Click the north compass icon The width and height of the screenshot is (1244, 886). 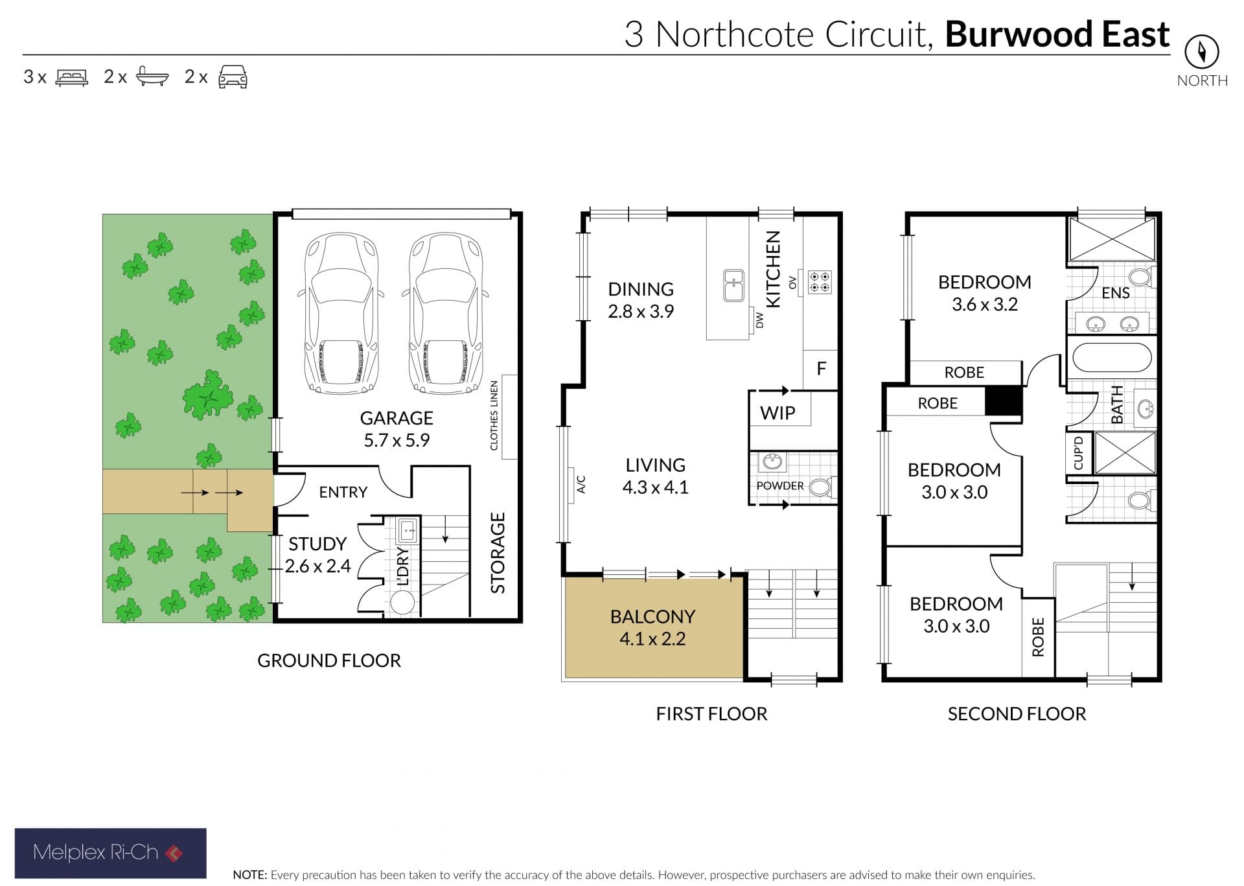pos(1202,51)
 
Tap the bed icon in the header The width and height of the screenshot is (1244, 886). pos(72,77)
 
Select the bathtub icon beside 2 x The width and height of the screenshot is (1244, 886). pos(152,76)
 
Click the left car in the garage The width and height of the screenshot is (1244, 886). pos(341,313)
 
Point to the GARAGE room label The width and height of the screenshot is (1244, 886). pos(397,418)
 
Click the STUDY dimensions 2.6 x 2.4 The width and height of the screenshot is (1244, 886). pos(317,566)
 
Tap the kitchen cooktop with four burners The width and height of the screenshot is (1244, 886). pos(820,282)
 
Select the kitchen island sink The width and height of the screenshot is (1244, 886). pos(734,285)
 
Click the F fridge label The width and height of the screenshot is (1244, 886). pos(821,369)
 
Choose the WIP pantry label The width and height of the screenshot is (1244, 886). pos(777,413)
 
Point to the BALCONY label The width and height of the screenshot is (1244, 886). pos(652,616)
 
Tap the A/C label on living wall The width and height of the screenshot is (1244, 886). pos(581,484)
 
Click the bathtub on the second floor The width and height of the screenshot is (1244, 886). pos(1112,356)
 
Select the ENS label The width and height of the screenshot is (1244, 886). pos(1116,293)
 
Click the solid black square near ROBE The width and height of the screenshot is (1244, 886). pos(1004,401)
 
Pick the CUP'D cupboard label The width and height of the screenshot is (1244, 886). pos(1078,452)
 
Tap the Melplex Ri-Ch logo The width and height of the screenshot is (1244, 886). pos(110,853)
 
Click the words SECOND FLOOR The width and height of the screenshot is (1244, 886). pos(1017,714)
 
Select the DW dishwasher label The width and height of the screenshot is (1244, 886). pos(760,320)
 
